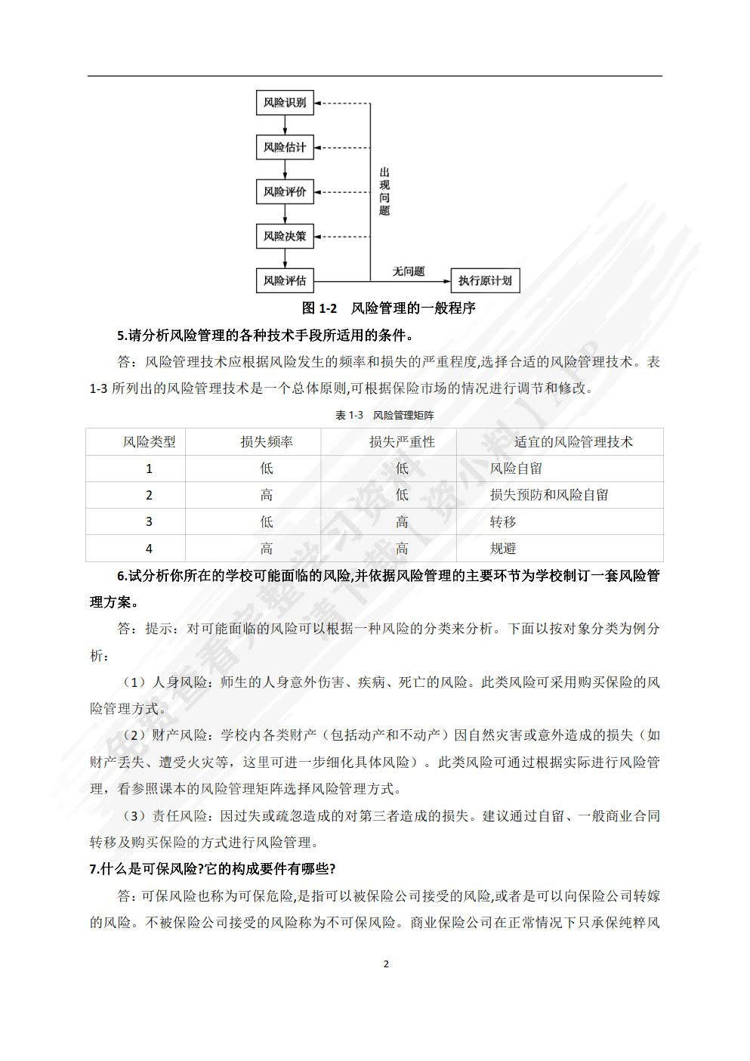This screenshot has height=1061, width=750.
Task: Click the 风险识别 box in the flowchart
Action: coord(285,103)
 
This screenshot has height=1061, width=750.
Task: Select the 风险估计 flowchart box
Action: coord(285,147)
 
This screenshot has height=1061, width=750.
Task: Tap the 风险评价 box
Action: coord(285,192)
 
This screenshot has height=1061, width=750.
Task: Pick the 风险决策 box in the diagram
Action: coord(285,237)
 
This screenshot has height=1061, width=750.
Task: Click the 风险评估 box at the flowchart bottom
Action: coord(285,281)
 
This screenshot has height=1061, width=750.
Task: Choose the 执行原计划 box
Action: coord(485,281)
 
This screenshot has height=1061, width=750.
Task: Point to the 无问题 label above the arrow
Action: coord(408,271)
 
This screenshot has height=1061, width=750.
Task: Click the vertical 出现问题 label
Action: coord(384,192)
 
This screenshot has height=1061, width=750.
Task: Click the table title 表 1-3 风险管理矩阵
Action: coord(384,415)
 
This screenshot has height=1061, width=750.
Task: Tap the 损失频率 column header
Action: coord(267,442)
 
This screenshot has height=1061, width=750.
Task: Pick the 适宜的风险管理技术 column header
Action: coord(573,442)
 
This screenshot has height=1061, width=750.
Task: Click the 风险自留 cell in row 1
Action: coord(516,469)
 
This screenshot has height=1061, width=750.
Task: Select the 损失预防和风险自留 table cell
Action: coord(549,495)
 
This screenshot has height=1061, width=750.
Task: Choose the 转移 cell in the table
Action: coord(503,522)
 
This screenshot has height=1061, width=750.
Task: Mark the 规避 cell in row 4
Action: coord(503,549)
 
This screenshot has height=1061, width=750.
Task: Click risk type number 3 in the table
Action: coord(149,522)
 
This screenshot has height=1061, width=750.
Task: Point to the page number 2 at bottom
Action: coord(386,964)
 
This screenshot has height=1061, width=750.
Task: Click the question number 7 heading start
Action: coord(94,869)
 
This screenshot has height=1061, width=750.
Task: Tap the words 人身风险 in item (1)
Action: coord(181,682)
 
